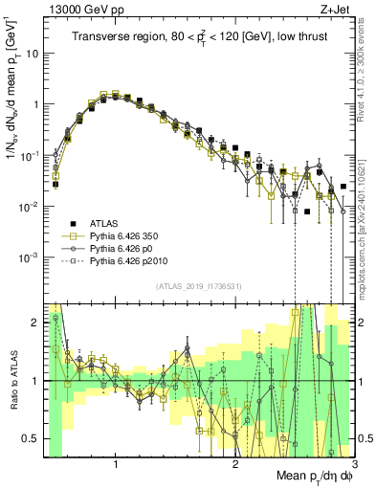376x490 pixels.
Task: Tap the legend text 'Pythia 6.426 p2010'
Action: [130, 259]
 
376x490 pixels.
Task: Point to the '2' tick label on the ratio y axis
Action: [35, 323]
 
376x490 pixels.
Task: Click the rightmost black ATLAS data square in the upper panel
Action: [343, 187]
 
